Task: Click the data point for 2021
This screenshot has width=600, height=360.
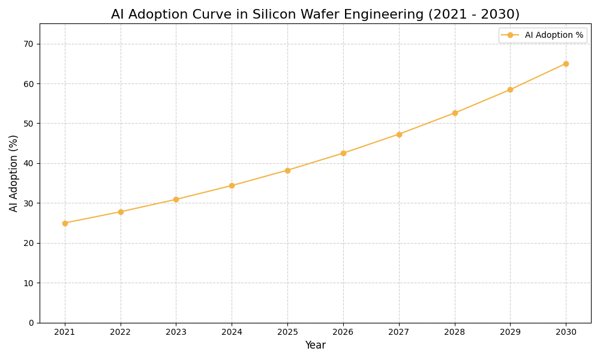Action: (65, 223)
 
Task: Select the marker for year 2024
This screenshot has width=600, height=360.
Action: (232, 185)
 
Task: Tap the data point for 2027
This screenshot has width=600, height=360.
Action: (399, 134)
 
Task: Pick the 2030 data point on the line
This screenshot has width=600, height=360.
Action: (566, 64)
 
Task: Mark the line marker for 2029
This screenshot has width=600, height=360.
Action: (510, 89)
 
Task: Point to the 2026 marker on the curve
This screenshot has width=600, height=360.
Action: (343, 153)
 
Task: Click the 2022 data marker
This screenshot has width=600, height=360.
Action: (121, 212)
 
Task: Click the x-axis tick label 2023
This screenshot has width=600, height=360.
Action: (176, 332)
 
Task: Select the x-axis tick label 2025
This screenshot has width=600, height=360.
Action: (287, 332)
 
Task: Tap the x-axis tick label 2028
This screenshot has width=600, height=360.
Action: (455, 332)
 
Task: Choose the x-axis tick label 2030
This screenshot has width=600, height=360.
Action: (566, 332)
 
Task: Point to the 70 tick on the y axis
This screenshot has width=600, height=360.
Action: (29, 44)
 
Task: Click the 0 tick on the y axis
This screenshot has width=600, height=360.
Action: (31, 323)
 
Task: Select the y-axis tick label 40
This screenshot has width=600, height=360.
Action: (29, 163)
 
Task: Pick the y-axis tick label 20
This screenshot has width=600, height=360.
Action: (29, 243)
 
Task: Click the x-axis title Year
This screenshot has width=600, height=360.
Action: (315, 346)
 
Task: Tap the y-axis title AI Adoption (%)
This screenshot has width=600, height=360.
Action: (14, 173)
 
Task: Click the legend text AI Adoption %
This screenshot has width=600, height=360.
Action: (554, 35)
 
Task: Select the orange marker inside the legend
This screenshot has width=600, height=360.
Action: (510, 35)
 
